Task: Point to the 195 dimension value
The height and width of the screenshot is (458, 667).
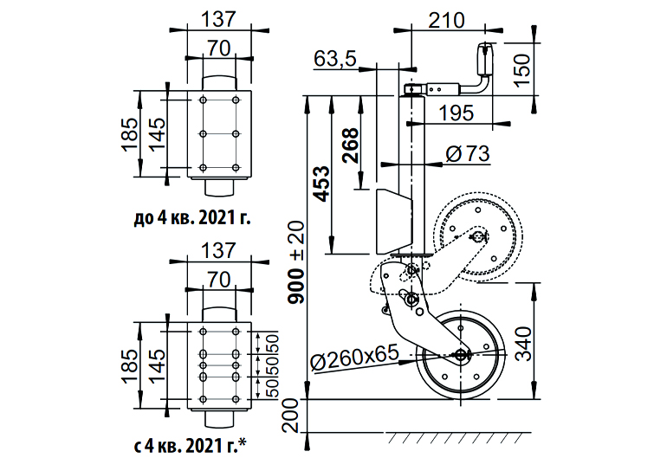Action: coord(456,112)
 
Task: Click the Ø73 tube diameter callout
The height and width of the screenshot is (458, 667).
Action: coord(467,154)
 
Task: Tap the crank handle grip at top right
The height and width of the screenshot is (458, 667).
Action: coord(483,61)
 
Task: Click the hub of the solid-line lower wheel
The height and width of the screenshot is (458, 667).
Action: coord(460,353)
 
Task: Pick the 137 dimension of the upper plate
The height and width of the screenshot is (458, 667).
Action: coord(218,17)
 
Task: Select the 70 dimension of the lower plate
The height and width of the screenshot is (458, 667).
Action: coord(218,281)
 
